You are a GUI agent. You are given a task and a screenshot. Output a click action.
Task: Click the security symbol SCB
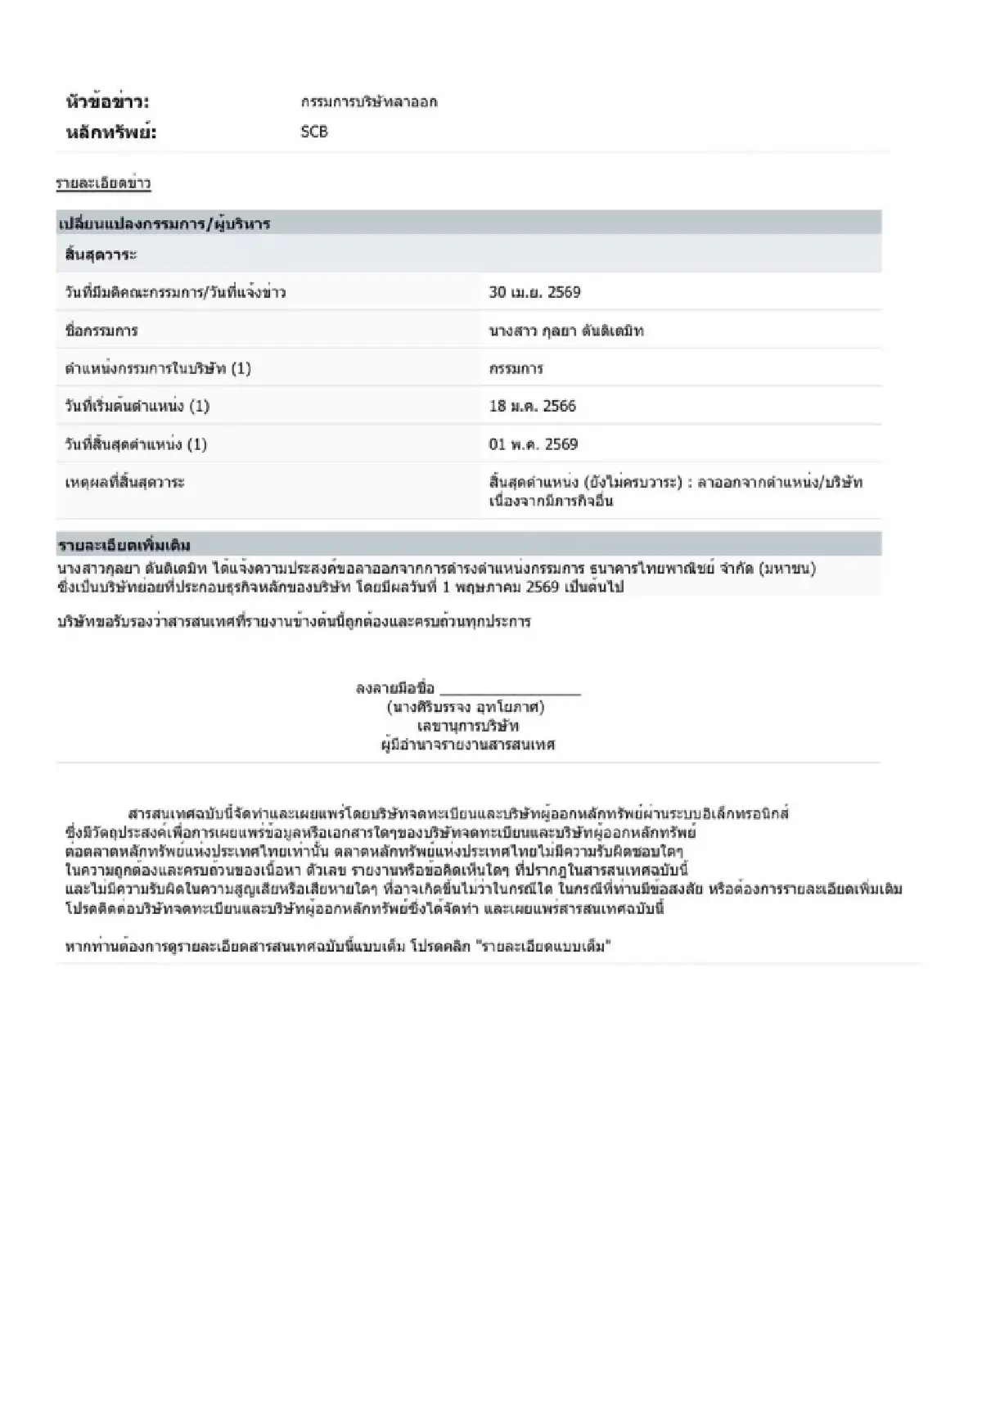tap(314, 132)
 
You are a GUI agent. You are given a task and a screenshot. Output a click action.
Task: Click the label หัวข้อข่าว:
tap(107, 102)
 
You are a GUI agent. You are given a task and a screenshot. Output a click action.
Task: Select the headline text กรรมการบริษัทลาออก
tap(369, 102)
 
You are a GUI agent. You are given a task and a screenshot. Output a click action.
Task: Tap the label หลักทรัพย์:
tap(110, 133)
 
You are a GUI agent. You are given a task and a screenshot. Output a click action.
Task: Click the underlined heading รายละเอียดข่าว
tap(103, 183)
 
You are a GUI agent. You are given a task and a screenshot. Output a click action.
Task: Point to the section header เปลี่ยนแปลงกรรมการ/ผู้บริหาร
tap(164, 223)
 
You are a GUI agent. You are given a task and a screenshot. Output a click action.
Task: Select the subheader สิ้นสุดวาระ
tap(101, 254)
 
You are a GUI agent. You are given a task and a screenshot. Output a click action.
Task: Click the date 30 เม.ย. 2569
tap(534, 292)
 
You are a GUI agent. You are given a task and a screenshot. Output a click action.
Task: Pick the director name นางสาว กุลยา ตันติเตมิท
tap(566, 331)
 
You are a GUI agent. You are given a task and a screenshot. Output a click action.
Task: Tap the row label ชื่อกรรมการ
tap(101, 331)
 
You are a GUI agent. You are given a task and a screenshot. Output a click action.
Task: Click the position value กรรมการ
tap(516, 368)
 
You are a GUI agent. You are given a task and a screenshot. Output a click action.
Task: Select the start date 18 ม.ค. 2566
tap(532, 406)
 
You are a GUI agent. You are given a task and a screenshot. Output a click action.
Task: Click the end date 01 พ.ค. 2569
tap(533, 444)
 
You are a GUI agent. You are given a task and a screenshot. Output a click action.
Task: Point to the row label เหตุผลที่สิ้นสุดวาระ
tap(124, 482)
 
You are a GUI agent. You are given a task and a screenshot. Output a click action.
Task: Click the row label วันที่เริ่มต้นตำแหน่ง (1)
tap(137, 406)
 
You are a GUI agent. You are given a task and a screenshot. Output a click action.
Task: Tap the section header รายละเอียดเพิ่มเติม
tap(124, 545)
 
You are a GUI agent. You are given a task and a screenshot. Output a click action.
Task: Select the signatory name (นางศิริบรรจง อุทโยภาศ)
tap(466, 707)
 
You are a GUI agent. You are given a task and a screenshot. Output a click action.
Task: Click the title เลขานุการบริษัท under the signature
tap(468, 726)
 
